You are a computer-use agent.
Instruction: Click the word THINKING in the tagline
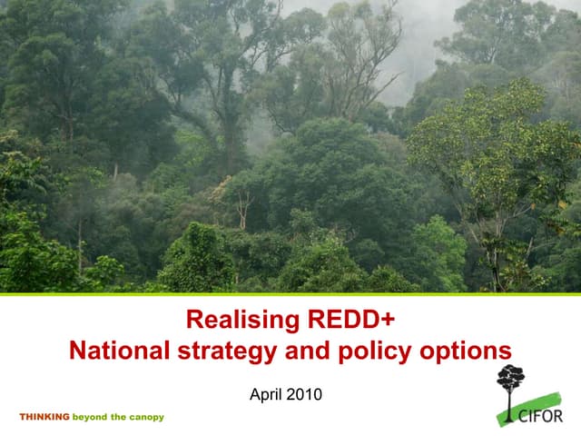point(44,417)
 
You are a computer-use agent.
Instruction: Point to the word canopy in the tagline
point(146,417)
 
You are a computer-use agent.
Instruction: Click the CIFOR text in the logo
point(542,417)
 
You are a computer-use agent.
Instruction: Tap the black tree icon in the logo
point(510,381)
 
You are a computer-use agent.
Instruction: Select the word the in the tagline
point(119,417)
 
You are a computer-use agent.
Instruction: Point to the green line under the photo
point(290,294)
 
